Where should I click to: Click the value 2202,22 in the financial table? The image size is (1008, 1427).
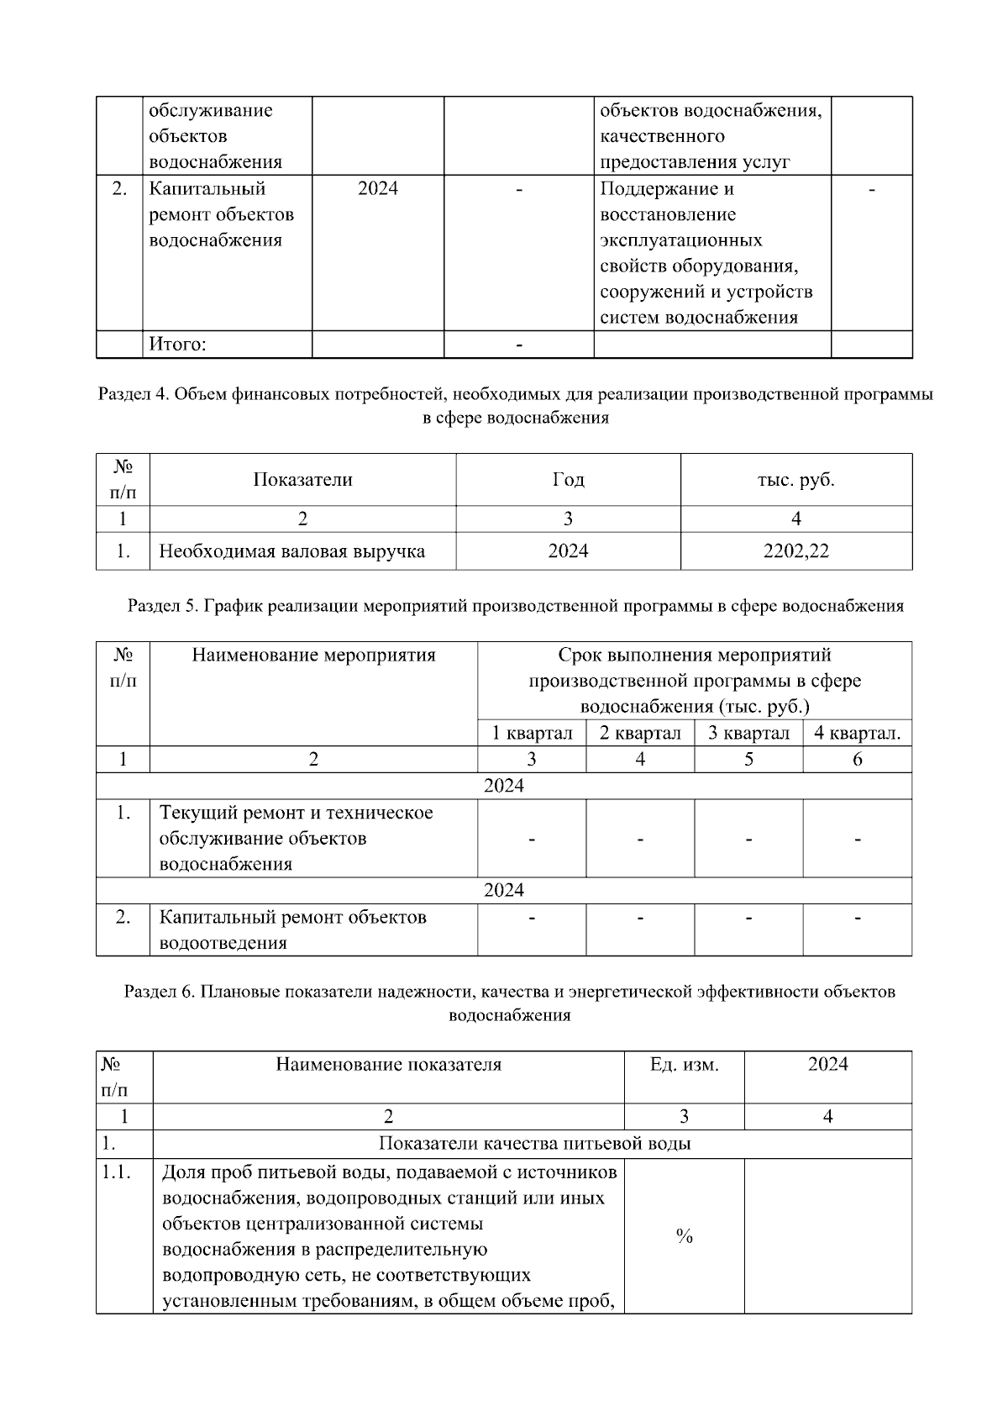[795, 551]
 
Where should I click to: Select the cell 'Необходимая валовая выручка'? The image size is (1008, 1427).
[292, 551]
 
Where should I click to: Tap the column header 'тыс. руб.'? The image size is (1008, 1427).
[795, 480]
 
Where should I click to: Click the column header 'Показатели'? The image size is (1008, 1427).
[302, 480]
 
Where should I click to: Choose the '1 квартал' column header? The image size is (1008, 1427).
[532, 733]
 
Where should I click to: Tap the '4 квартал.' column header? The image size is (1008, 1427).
[857, 733]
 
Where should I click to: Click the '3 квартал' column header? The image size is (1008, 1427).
[748, 733]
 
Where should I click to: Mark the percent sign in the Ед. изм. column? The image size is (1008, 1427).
[684, 1236]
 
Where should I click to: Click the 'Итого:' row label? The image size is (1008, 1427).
[178, 345]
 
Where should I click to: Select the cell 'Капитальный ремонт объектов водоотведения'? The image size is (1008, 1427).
[293, 929]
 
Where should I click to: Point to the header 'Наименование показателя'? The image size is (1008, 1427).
[388, 1065]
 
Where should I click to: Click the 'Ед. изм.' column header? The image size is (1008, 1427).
[684, 1065]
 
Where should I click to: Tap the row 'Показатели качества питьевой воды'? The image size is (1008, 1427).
[535, 1144]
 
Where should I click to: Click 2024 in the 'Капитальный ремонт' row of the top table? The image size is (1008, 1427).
[377, 188]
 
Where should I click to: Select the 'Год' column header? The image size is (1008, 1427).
[568, 480]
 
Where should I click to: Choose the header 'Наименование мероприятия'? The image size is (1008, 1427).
[313, 655]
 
